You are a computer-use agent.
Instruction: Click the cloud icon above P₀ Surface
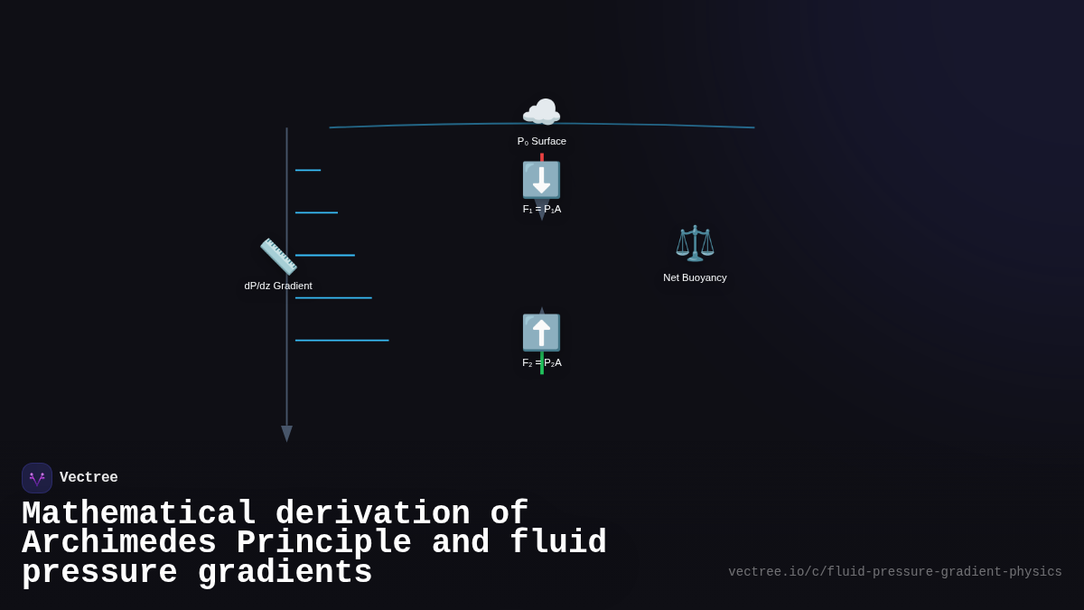coord(541,113)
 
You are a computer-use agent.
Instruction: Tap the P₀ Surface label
coord(541,141)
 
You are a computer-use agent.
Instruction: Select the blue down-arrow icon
coord(541,180)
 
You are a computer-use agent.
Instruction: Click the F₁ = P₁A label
coord(541,209)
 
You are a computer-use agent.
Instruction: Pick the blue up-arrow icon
coord(541,333)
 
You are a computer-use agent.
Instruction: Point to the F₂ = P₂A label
coord(541,362)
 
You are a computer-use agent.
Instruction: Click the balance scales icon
coord(695,243)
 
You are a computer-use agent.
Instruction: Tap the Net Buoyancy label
coord(695,277)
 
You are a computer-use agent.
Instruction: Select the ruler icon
coord(278,257)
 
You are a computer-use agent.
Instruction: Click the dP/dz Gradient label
coord(278,286)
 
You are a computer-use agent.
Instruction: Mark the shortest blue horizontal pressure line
coord(308,170)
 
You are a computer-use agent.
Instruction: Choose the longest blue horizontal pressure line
coord(341,341)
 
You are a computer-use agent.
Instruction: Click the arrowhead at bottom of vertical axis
coord(286,434)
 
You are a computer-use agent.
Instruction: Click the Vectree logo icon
coord(37,478)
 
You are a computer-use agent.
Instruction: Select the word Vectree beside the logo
coord(89,478)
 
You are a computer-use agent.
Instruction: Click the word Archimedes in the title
coord(118,543)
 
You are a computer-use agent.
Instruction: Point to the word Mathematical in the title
coord(139,514)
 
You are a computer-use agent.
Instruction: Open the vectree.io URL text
coord(894,572)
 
